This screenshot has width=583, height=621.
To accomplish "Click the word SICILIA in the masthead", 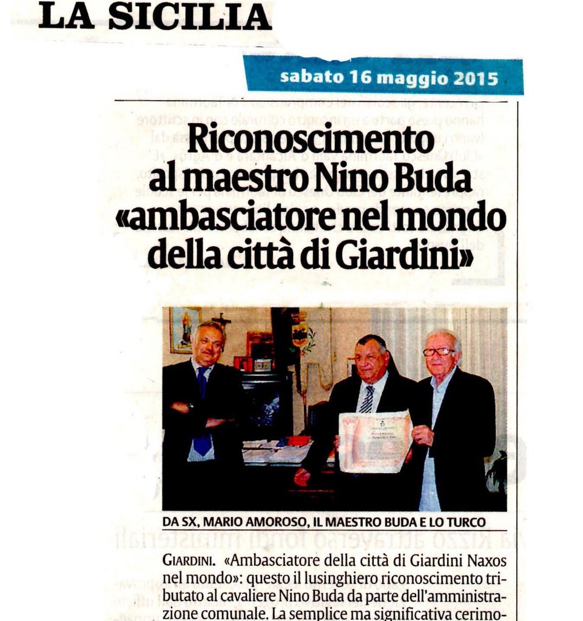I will tap(190, 16).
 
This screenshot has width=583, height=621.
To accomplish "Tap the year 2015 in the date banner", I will tap(475, 78).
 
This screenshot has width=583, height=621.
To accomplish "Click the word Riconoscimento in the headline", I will tap(310, 140).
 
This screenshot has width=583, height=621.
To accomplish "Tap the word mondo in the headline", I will tap(462, 218).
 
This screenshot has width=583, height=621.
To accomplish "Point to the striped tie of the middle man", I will tap(367, 400).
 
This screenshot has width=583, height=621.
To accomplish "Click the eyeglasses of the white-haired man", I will tap(438, 352).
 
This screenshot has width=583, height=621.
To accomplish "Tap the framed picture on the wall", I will tap(184, 329).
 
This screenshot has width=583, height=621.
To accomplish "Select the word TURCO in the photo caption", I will tap(465, 522).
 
